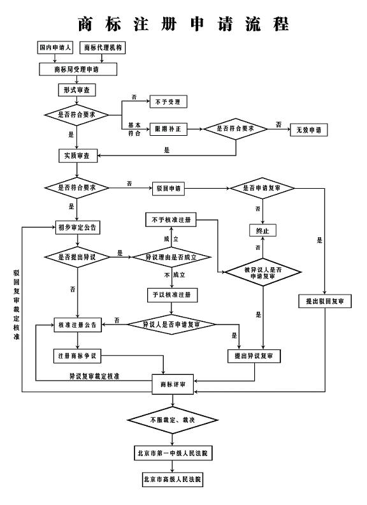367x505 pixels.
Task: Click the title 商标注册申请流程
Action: (183, 24)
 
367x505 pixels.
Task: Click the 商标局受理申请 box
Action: (78, 68)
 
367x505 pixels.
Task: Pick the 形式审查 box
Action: (76, 90)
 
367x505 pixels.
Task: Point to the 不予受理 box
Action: (169, 101)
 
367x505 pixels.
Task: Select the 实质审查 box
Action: (77, 155)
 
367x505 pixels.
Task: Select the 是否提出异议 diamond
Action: (77, 257)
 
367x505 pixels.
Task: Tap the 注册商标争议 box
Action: (77, 355)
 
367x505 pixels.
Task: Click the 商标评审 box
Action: (172, 384)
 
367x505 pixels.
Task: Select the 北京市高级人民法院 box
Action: (172, 478)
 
